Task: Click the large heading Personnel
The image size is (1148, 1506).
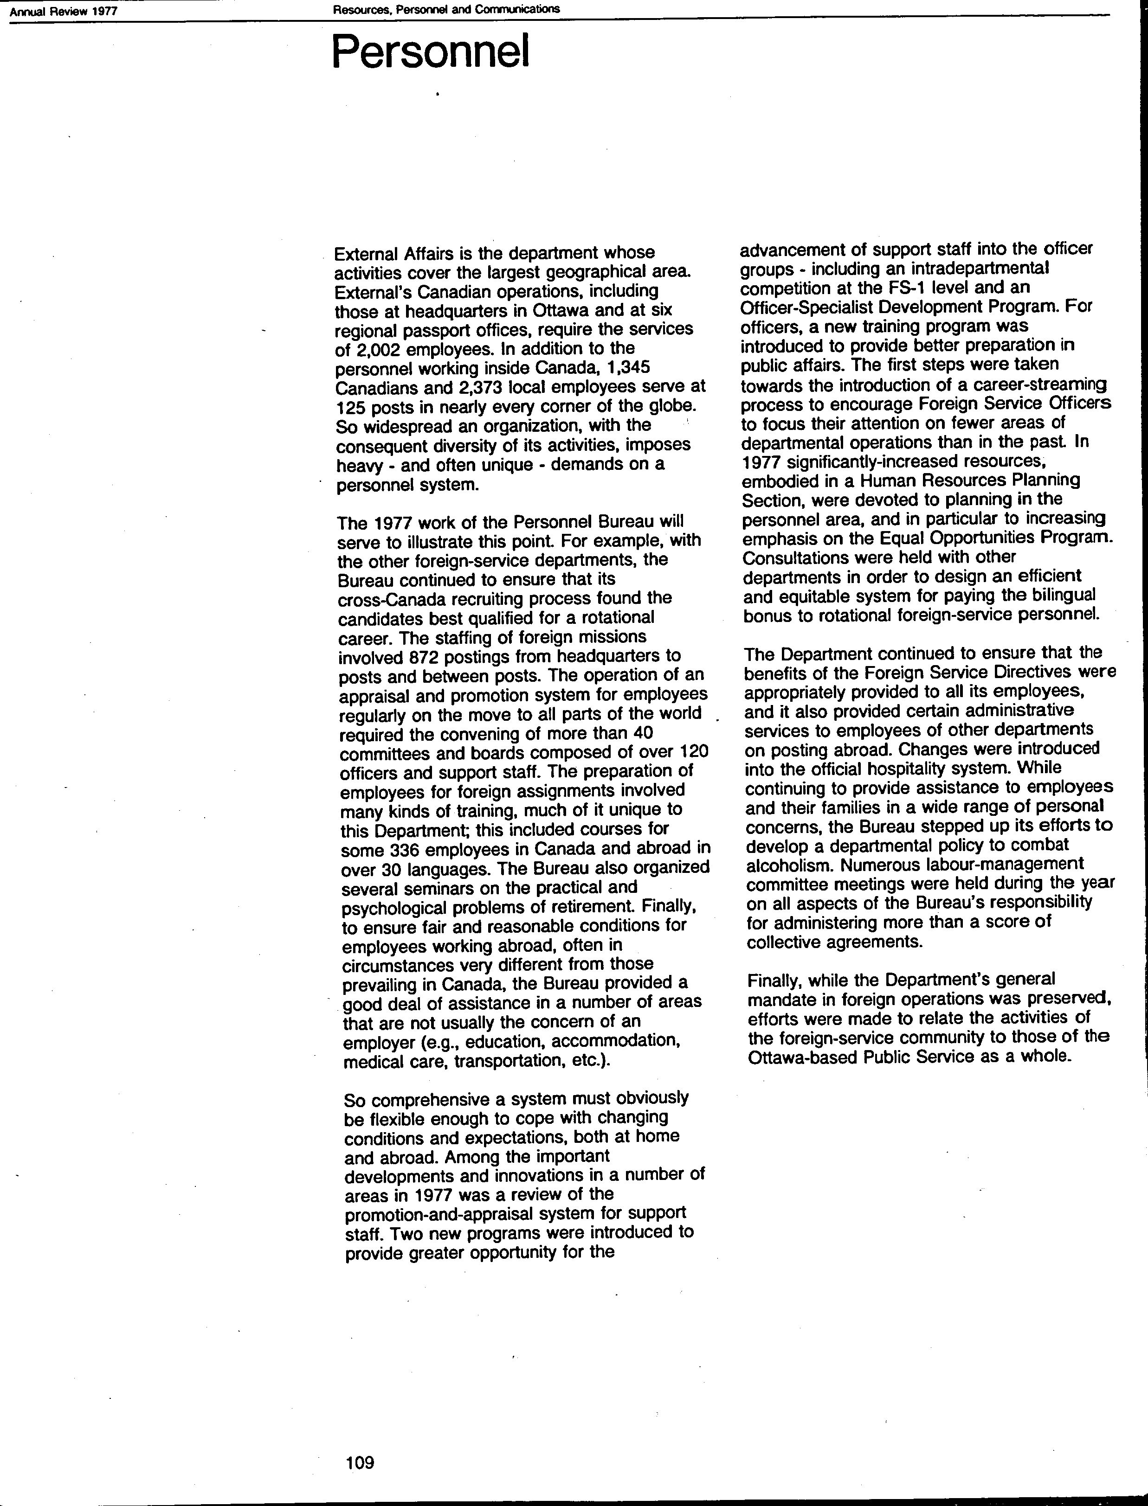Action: point(431,52)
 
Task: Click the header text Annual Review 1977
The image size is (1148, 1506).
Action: point(64,11)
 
